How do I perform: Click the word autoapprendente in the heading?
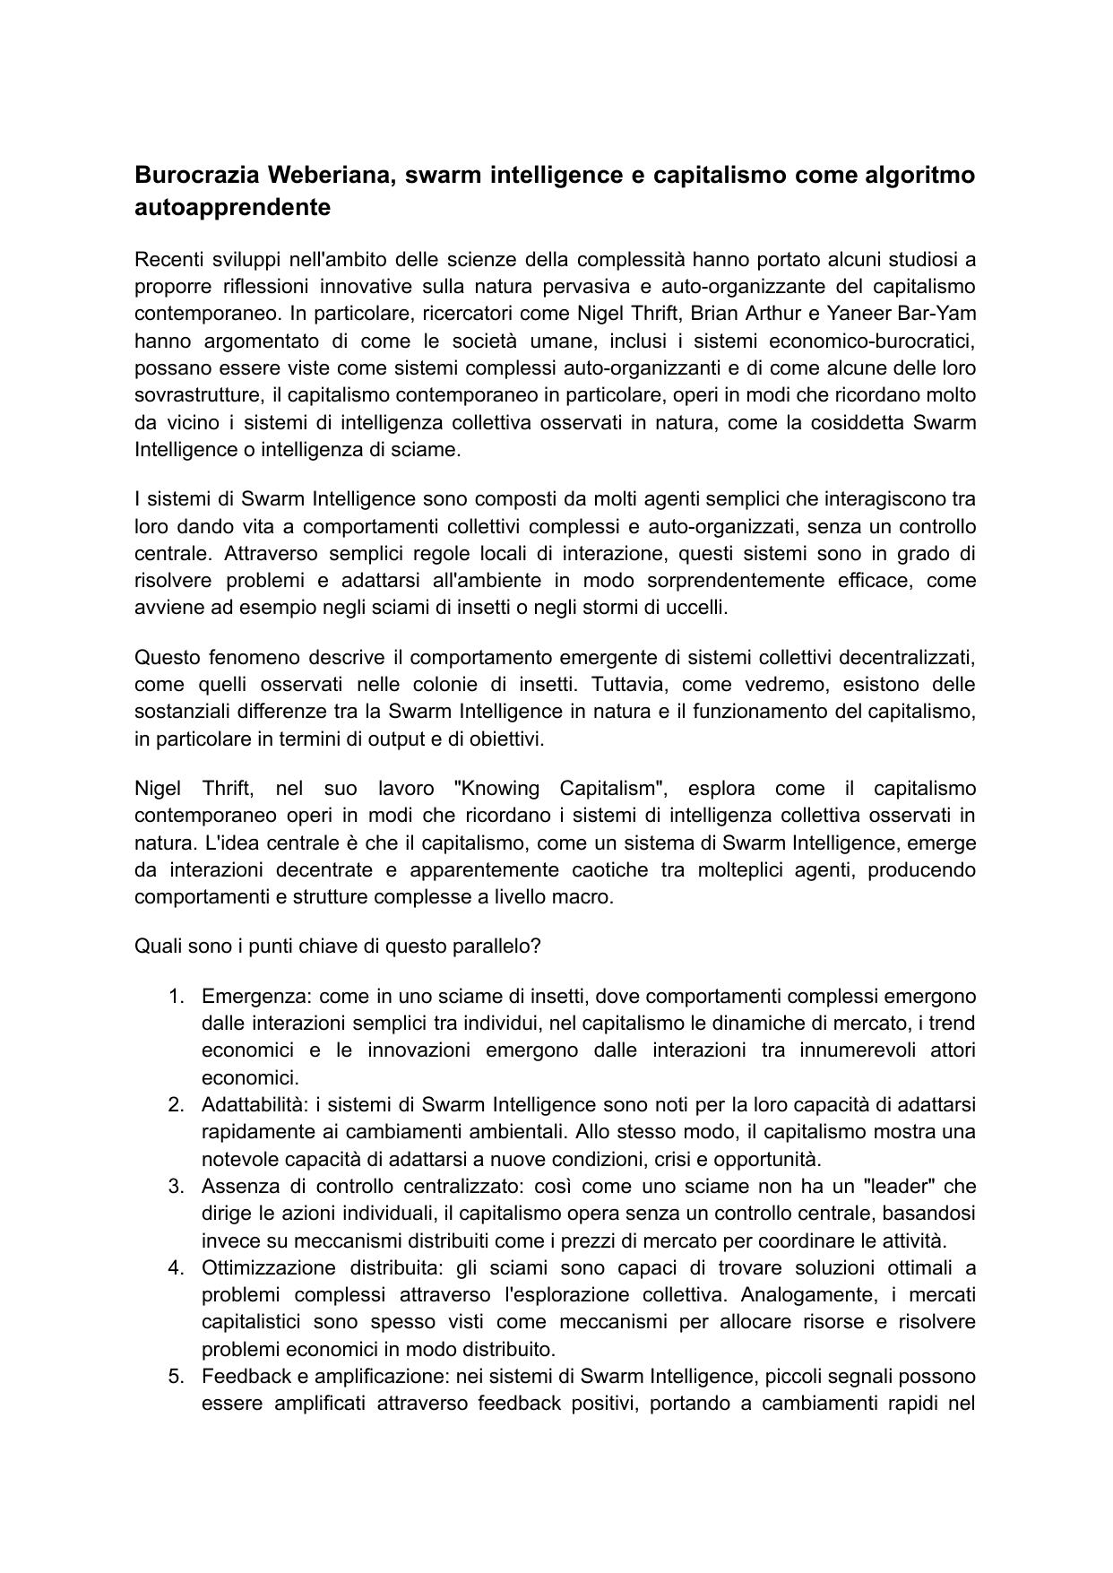coord(232,207)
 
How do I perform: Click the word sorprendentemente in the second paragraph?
coord(695,580)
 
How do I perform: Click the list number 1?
coord(176,996)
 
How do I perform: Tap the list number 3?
coord(176,1186)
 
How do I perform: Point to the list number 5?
coord(176,1376)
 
